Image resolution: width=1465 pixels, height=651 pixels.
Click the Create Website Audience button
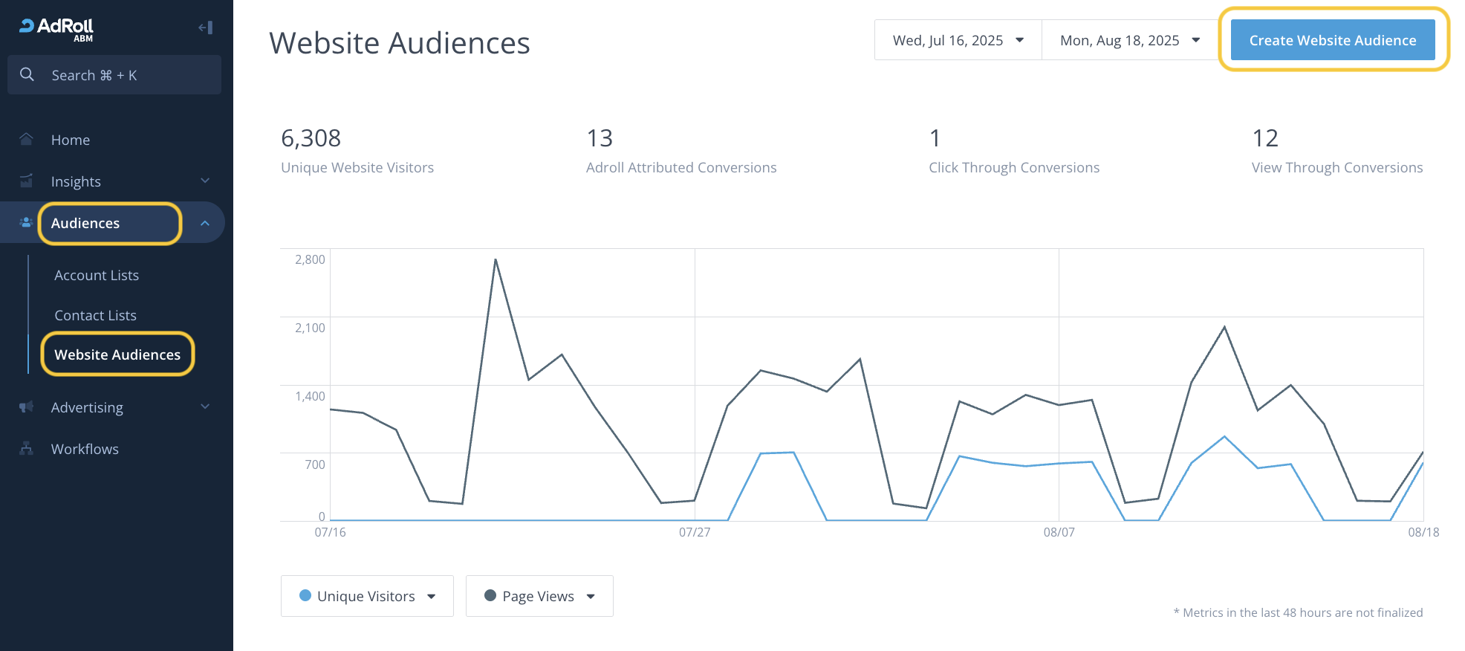pyautogui.click(x=1332, y=40)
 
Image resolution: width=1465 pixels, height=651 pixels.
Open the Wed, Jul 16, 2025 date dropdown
pyautogui.click(x=958, y=40)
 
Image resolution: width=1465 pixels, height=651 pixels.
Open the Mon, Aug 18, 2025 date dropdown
pyautogui.click(x=1129, y=40)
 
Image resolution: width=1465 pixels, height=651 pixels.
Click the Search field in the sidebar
pyautogui.click(x=114, y=75)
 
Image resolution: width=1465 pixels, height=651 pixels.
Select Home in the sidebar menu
pyautogui.click(x=71, y=140)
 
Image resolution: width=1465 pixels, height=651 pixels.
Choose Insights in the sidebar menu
pyautogui.click(x=76, y=181)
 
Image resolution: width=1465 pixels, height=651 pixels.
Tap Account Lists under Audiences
pyautogui.click(x=97, y=275)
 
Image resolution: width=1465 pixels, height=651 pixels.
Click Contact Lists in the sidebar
pyautogui.click(x=96, y=315)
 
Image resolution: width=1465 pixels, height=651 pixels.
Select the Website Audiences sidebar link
pyautogui.click(x=117, y=354)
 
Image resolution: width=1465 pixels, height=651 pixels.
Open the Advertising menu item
pyautogui.click(x=87, y=407)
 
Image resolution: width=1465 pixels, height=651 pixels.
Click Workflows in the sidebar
pyautogui.click(x=85, y=449)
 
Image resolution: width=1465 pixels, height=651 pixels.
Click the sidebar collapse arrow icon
pyautogui.click(x=206, y=27)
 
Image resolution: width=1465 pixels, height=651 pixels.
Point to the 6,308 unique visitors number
pyautogui.click(x=311, y=138)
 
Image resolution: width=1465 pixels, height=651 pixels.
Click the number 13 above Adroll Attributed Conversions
pyautogui.click(x=600, y=138)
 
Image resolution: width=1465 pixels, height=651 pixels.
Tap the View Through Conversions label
pyautogui.click(x=1336, y=168)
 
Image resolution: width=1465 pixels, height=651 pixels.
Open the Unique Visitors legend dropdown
pyautogui.click(x=367, y=596)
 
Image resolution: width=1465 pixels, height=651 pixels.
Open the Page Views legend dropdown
pyautogui.click(x=539, y=596)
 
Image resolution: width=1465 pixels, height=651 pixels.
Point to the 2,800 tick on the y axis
pyautogui.click(x=310, y=259)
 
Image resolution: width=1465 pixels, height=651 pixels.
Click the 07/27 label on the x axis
pyautogui.click(x=695, y=532)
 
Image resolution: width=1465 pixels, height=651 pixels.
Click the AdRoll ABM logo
pyautogui.click(x=56, y=28)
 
